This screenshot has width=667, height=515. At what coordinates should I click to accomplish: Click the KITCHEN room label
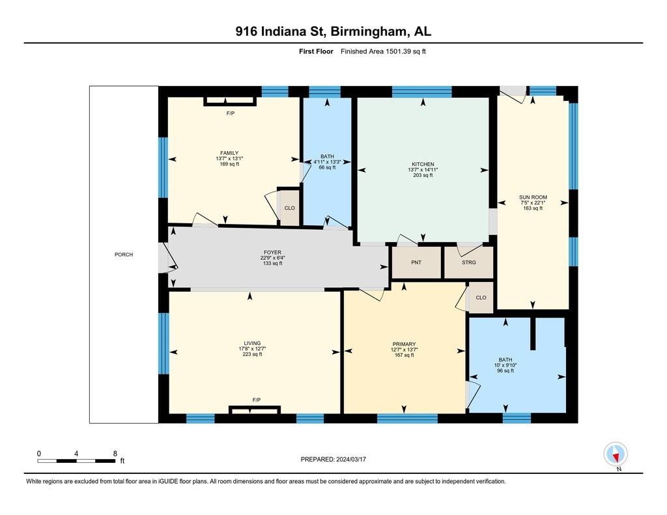pyautogui.click(x=423, y=164)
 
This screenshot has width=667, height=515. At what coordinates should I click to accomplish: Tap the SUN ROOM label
pyautogui.click(x=533, y=197)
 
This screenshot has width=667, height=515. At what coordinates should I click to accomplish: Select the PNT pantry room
pyautogui.click(x=416, y=262)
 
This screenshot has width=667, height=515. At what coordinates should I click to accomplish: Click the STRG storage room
pyautogui.click(x=469, y=262)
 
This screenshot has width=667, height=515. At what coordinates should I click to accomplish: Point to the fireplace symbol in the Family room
pyautogui.click(x=230, y=101)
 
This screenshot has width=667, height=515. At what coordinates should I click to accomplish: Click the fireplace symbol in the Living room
pyautogui.click(x=255, y=410)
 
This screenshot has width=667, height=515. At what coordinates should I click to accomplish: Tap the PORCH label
pyautogui.click(x=124, y=255)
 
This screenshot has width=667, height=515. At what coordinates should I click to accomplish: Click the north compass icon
pyautogui.click(x=615, y=454)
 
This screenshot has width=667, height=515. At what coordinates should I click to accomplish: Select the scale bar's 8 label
pyautogui.click(x=115, y=454)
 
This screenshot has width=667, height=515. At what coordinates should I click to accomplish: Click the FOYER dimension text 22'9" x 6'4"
pyautogui.click(x=273, y=258)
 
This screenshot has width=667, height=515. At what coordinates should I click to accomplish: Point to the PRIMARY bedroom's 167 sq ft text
pyautogui.click(x=404, y=355)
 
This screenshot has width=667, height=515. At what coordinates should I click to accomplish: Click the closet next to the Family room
pyautogui.click(x=289, y=208)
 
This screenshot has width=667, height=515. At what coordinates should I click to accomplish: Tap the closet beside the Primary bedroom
pyautogui.click(x=481, y=298)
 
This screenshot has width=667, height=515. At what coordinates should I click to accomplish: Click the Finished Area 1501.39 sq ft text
pyautogui.click(x=383, y=51)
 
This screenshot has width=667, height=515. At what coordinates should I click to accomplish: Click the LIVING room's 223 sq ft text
pyautogui.click(x=252, y=354)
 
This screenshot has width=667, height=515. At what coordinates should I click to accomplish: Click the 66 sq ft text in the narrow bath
pyautogui.click(x=327, y=167)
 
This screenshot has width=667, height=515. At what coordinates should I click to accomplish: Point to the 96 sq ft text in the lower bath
pyautogui.click(x=505, y=371)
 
